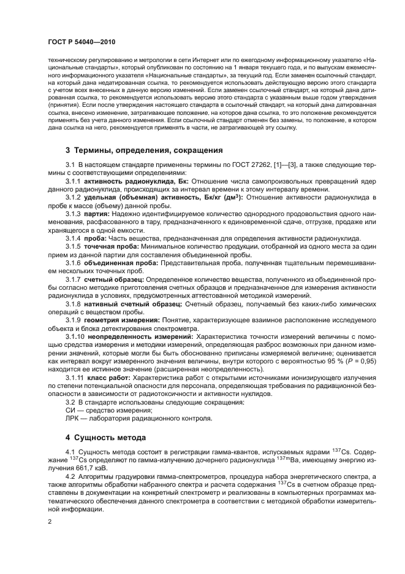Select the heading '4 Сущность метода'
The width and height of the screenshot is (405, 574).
point(105,438)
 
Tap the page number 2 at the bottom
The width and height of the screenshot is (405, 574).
point(50,521)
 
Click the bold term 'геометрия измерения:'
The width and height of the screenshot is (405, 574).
point(123,319)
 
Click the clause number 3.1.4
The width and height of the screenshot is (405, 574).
point(73,238)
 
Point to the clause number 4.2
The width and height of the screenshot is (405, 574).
point(70,476)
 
